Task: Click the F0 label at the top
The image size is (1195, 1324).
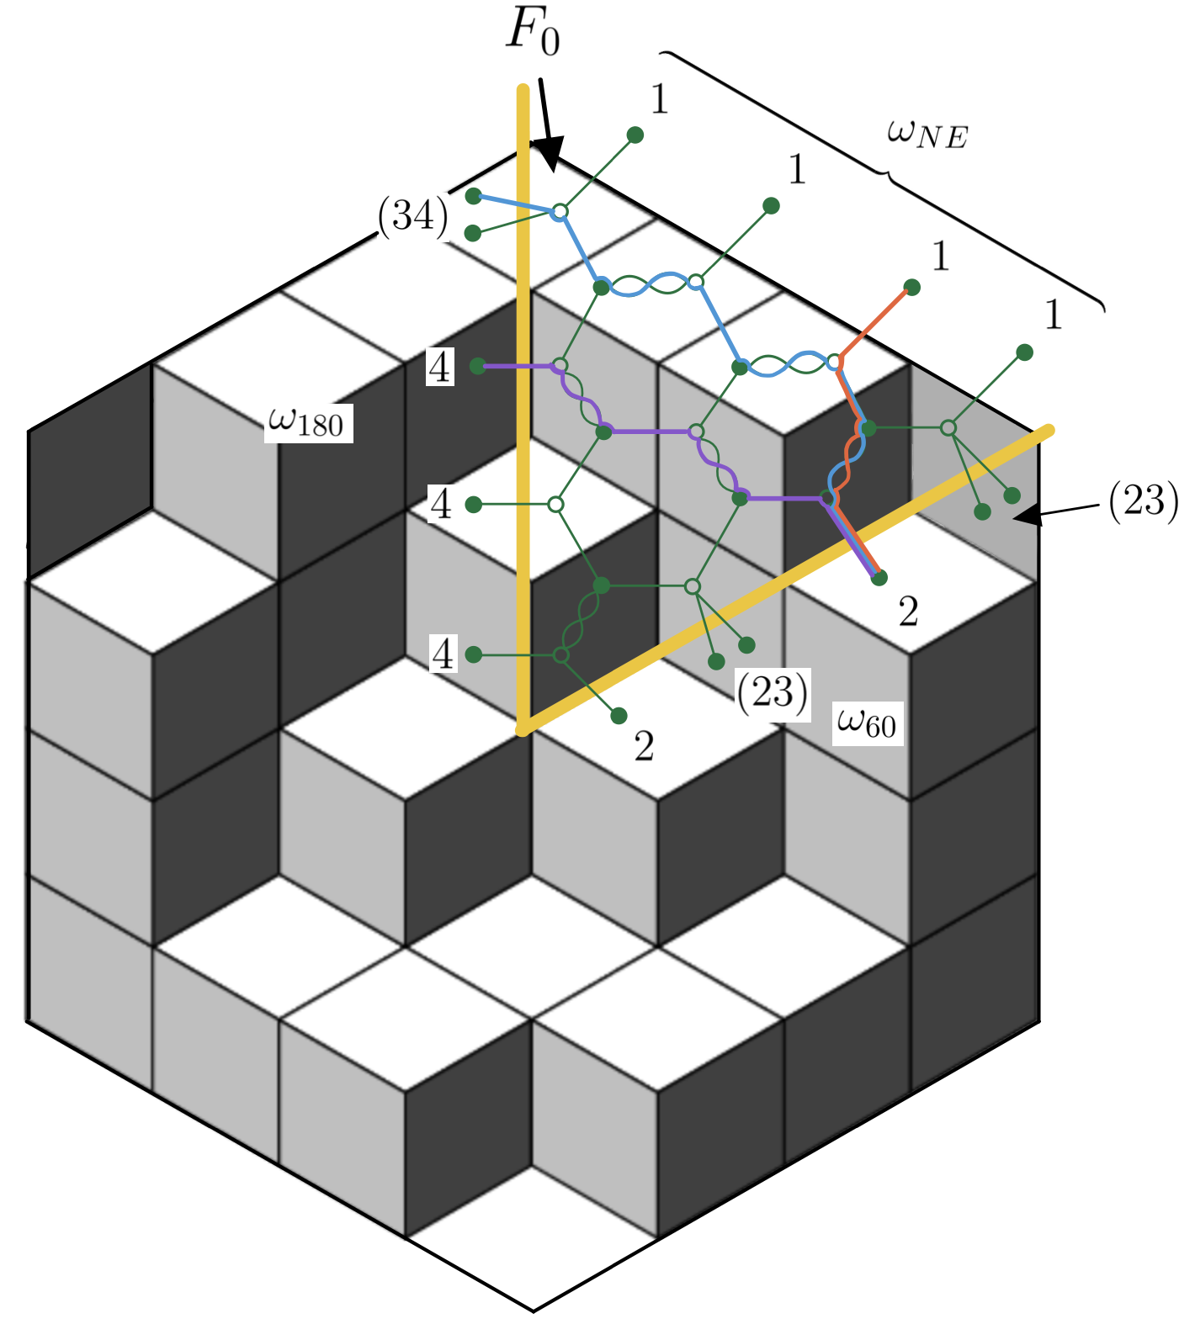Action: pos(532,34)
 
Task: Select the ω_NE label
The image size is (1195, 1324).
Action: pos(927,135)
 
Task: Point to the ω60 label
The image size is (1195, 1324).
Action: pos(867,722)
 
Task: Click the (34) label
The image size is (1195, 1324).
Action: pos(412,217)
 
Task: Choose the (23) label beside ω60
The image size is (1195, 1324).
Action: pos(773,692)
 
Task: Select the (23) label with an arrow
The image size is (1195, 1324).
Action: pos(1143,502)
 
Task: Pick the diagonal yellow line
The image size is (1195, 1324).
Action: pos(787,580)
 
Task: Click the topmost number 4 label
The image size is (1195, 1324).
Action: pos(440,368)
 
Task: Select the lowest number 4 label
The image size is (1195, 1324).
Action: pos(442,654)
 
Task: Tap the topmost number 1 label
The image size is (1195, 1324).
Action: pos(659,100)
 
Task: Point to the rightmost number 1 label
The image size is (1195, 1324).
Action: pos(1053,315)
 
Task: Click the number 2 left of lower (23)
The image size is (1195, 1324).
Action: pos(644,747)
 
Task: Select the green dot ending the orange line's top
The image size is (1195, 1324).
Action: pos(911,288)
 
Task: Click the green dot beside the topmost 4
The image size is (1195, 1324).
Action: pos(477,366)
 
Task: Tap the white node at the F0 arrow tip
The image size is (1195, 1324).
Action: pos(559,212)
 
